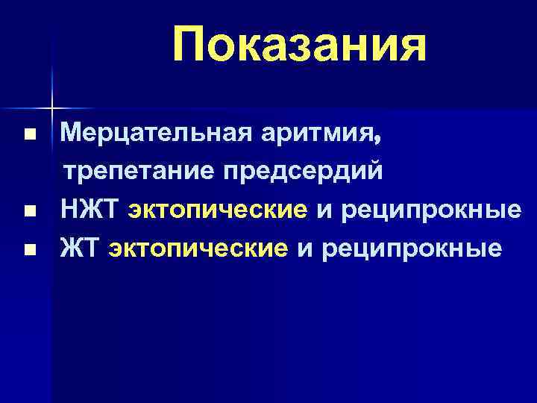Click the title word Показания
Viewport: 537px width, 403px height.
tap(299, 44)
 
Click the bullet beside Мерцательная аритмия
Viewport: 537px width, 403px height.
tap(28, 137)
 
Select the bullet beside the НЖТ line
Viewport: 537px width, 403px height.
tap(28, 212)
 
